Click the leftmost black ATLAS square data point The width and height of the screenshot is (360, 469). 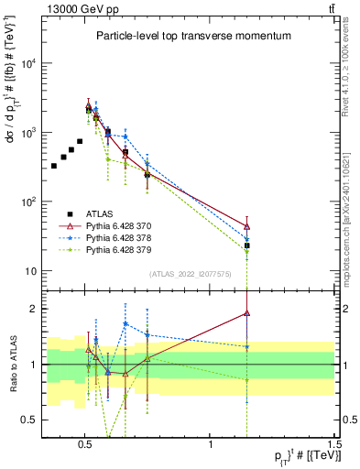coord(54,166)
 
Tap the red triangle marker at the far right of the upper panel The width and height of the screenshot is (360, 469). coord(247,226)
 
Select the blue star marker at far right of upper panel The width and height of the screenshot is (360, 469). coord(247,239)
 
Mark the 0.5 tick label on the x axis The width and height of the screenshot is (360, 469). coord(84,442)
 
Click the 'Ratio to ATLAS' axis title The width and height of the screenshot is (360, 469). coord(12,365)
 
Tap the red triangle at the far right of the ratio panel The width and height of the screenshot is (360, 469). coord(247,313)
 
